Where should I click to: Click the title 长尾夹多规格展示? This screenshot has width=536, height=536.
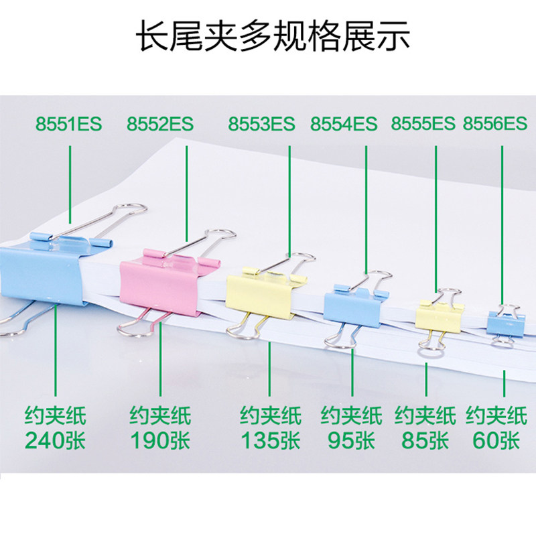273,36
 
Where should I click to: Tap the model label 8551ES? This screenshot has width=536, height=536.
69,124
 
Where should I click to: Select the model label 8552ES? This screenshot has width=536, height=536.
160,124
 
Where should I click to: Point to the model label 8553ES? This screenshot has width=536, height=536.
261,124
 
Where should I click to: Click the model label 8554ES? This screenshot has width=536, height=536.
344,124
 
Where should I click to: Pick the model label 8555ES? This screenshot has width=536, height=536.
423,123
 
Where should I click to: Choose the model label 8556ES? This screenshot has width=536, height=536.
495,123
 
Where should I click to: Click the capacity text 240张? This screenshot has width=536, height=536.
55,440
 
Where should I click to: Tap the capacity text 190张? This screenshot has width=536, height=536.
160,440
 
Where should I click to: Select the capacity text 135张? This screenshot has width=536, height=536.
271,440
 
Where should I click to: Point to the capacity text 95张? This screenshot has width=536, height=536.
351,440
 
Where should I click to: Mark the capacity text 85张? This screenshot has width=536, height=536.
425,440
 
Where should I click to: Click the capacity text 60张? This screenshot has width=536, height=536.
496,440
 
